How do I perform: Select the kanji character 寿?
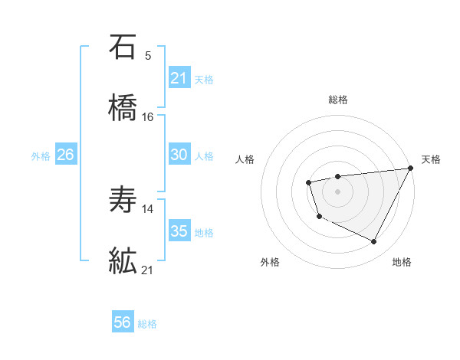point(123,201)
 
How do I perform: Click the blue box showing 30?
point(179,155)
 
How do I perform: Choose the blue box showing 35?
point(179,231)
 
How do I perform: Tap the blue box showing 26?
point(65,155)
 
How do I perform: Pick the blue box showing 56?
point(123,323)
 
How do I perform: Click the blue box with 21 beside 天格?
point(179,78)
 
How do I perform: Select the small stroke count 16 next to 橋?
point(148,117)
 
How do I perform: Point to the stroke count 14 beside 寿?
point(148,208)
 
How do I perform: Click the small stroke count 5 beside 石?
point(148,55)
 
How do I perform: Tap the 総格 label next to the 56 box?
point(147,324)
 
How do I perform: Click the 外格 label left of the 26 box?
point(41,155)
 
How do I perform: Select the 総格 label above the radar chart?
point(337,100)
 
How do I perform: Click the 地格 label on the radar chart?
point(402,262)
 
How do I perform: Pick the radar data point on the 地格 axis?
point(374,242)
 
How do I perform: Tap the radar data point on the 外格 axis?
point(319,217)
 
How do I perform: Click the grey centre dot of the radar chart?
point(337,191)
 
